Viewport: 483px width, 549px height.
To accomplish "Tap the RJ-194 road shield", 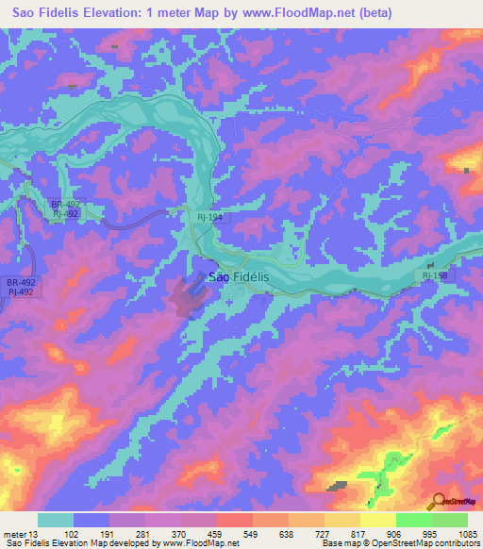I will pos(210,217).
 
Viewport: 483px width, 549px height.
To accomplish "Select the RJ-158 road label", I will pos(437,275).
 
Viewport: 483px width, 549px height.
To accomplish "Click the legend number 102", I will pos(72,534).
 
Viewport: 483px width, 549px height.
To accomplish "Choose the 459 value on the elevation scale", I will pos(216,534).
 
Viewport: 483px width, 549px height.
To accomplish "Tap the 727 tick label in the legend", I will pos(324,534).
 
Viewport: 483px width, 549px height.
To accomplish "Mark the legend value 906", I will pos(395,534).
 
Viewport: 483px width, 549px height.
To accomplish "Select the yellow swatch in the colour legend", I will pos(377,520).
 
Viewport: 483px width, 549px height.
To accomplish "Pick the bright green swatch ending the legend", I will pos(449,520).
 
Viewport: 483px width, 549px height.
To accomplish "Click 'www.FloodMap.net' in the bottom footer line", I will pos(202,544).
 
